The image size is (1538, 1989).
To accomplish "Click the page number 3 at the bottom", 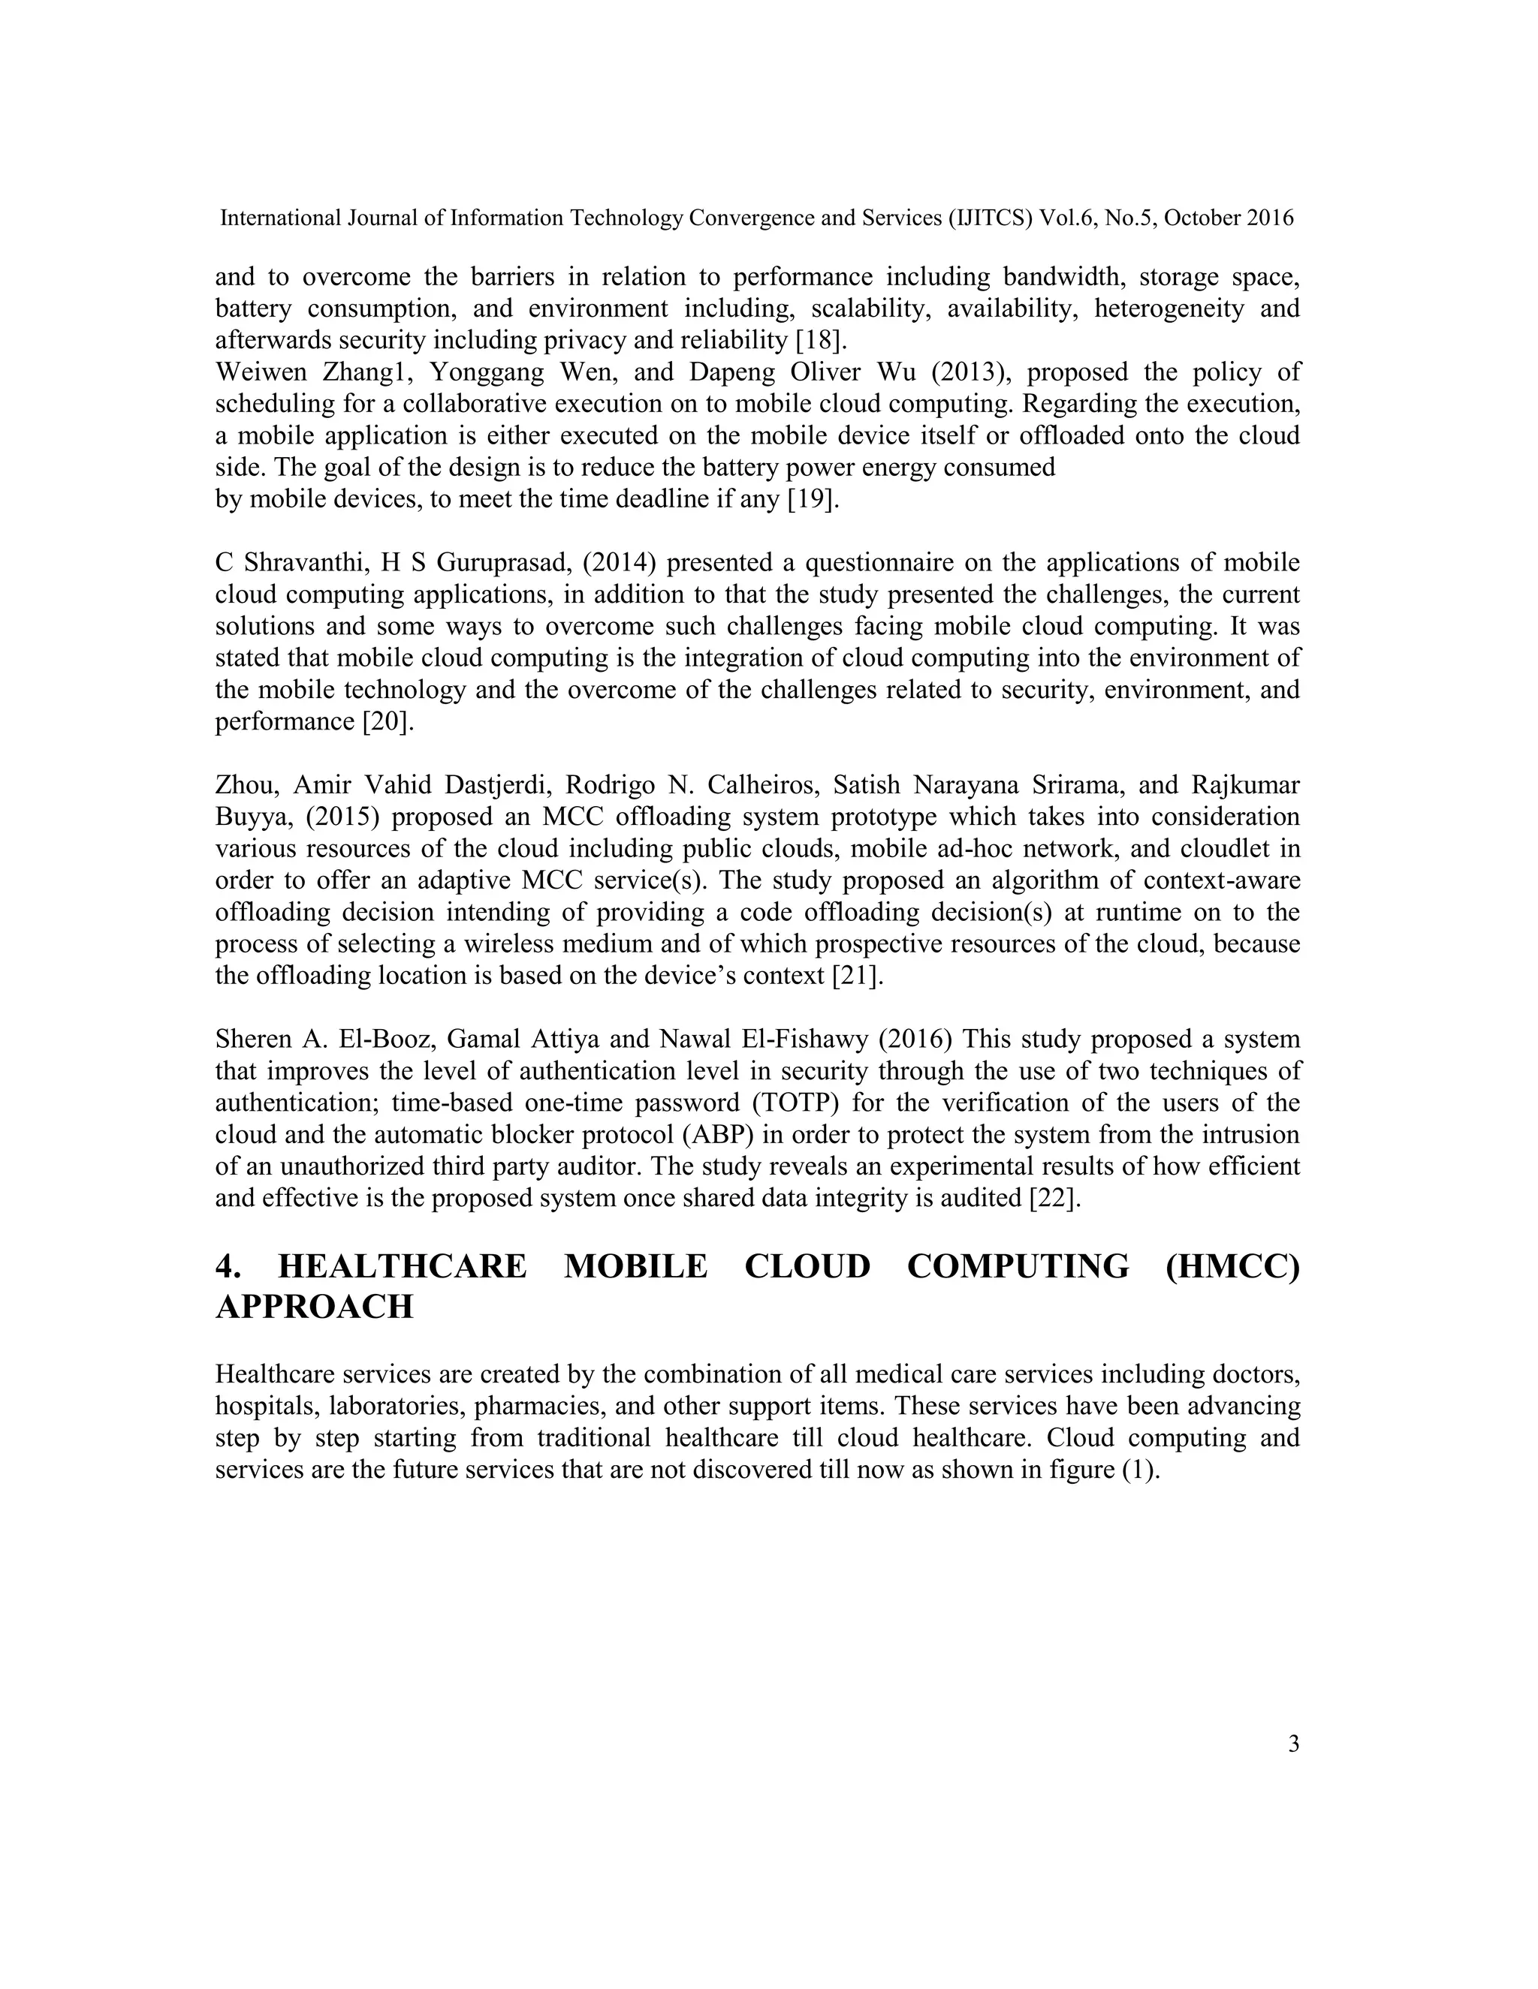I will [1293, 1744].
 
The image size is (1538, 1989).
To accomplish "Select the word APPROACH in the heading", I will [315, 1307].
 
